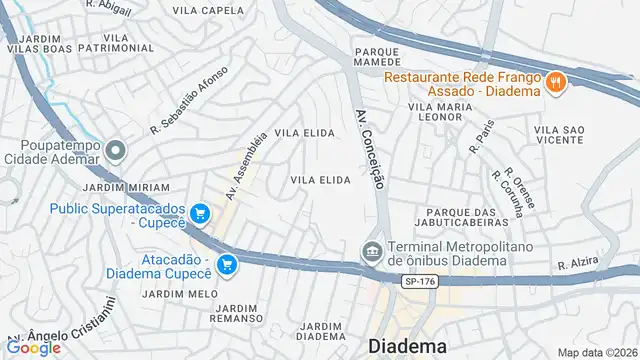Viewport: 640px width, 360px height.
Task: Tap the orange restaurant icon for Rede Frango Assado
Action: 555,82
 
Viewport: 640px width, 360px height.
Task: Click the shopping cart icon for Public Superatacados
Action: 200,213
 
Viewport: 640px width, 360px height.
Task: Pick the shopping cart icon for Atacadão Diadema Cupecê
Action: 227,264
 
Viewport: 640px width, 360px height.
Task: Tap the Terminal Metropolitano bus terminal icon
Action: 371,248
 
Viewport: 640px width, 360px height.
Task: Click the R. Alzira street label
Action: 577,262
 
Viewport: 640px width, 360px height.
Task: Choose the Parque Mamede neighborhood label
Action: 376,56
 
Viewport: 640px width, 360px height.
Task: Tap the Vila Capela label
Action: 208,10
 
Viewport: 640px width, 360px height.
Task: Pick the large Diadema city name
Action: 408,346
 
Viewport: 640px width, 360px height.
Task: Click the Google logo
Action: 34,347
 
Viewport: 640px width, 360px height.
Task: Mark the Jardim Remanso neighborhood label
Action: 243,313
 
